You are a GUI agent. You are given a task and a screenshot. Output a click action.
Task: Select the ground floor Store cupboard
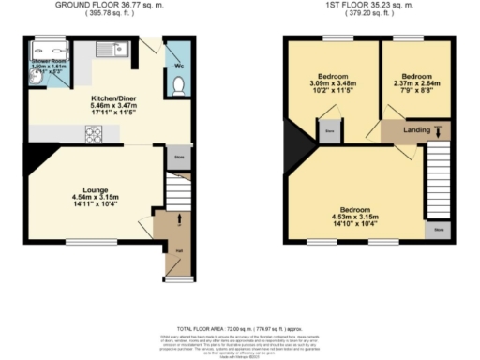click(179, 160)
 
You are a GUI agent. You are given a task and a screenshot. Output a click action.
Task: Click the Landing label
click(416, 131)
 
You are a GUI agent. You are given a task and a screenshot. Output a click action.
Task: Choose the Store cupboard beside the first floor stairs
click(436, 229)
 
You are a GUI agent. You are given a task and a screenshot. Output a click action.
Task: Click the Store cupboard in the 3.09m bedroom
click(329, 132)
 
